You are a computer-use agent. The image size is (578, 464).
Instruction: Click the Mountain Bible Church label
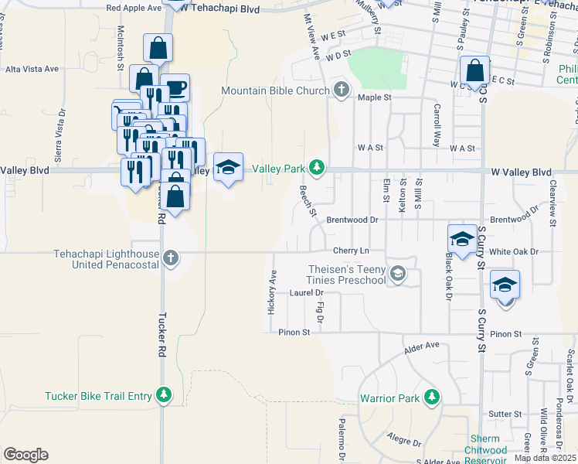coord(276,90)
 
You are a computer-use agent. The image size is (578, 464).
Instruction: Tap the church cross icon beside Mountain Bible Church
coord(341,90)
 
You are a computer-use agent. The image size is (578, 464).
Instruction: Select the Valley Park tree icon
coord(317,167)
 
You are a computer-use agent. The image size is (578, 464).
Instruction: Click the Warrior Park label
coord(389,399)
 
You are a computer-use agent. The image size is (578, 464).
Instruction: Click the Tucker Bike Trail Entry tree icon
coord(164,396)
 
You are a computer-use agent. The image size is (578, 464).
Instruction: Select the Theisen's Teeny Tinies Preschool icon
coord(398,272)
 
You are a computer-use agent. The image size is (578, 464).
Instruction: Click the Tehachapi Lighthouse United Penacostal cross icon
coord(170,258)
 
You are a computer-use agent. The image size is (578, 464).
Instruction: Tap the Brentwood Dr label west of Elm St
coord(352,220)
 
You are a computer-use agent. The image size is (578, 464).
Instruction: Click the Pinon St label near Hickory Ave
coord(294,333)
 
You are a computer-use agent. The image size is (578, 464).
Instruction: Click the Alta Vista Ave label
coord(32,69)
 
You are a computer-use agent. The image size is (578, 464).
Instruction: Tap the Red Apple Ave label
coord(134,8)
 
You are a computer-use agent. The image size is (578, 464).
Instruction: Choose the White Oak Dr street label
coord(513,251)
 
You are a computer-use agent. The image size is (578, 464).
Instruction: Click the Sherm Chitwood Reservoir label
coord(486,450)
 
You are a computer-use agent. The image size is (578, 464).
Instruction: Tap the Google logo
coord(25,455)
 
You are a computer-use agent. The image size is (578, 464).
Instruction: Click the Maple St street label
coord(375,97)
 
